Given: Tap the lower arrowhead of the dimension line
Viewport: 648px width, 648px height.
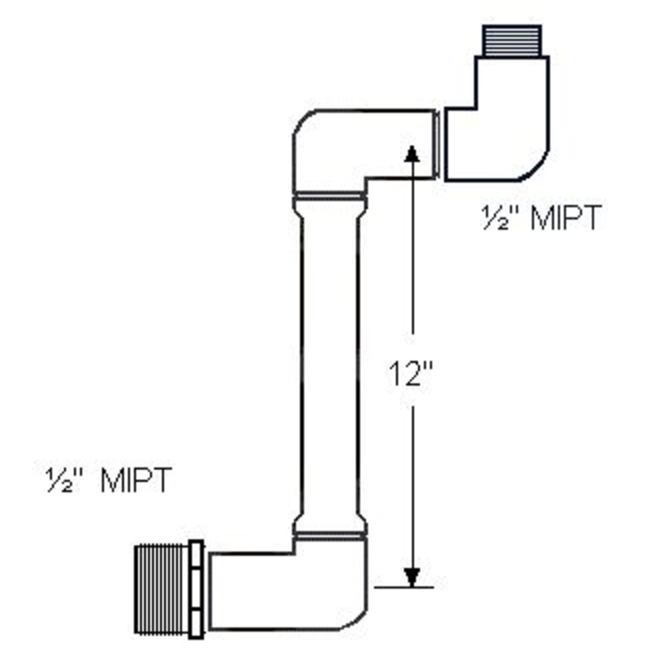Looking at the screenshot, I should click(x=412, y=576).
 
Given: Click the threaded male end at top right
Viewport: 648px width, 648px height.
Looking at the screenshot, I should click(x=511, y=41).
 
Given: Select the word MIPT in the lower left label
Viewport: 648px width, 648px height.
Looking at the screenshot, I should click(x=136, y=479).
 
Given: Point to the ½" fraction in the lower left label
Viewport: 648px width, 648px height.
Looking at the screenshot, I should click(x=62, y=479).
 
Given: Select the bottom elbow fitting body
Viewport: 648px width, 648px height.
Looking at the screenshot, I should click(x=302, y=589).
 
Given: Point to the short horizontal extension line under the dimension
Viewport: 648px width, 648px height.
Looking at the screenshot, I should click(x=402, y=587).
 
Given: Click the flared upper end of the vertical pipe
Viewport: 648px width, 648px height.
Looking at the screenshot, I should click(x=329, y=208).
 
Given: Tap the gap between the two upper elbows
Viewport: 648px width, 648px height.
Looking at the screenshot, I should click(x=440, y=143).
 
